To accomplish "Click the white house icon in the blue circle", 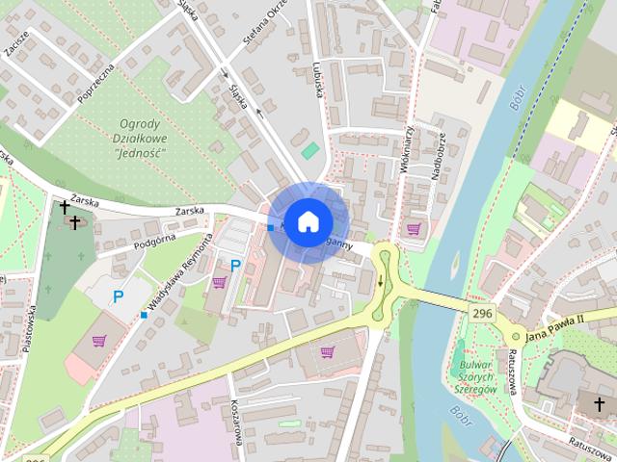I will (x=307, y=221).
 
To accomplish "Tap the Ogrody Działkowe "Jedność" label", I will (x=140, y=138).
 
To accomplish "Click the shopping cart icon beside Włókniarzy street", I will (x=414, y=228).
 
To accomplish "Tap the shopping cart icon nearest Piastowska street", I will (x=98, y=340).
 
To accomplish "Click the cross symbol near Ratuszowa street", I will (x=585, y=403).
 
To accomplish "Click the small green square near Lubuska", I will (x=309, y=150).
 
